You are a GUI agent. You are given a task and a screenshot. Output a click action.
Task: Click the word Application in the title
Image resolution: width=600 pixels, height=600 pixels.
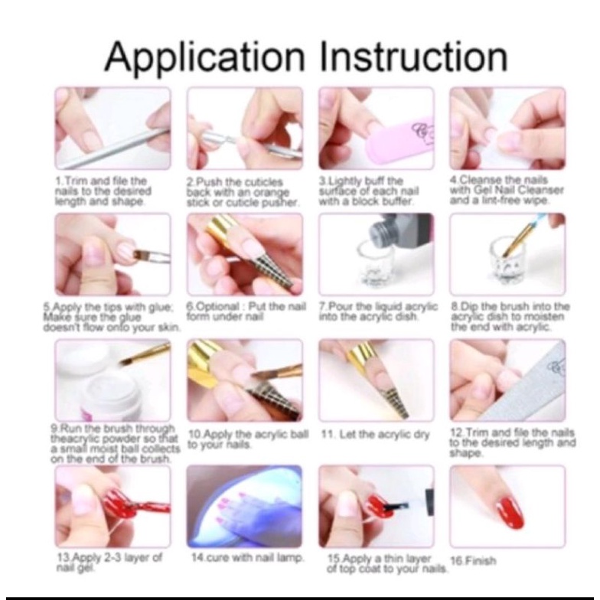204,57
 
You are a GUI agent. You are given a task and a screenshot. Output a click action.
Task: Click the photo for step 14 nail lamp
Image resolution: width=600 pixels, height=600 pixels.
245,506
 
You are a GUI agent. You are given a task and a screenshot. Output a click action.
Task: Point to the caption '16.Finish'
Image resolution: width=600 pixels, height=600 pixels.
473,560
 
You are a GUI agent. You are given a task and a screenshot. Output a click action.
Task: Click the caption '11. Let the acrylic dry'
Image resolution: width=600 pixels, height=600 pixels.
375,435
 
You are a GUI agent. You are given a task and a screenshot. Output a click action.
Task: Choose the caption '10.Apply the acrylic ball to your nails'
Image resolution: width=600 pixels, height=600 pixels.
248,439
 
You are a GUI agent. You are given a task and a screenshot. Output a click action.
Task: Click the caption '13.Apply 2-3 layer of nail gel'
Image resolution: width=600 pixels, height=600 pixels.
109,562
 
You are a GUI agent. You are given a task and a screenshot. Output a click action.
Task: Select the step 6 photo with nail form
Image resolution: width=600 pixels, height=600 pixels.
245,255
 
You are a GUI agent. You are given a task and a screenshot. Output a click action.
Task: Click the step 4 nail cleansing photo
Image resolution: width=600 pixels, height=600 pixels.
508,129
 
